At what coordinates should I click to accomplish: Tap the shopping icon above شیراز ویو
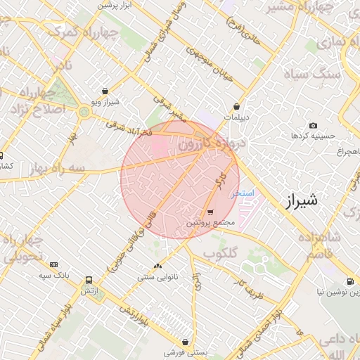tap(105, 91)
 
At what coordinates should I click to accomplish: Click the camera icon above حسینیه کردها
tap(313, 125)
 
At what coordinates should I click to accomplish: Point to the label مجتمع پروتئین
tap(210, 222)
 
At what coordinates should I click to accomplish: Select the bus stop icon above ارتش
tap(88, 279)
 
